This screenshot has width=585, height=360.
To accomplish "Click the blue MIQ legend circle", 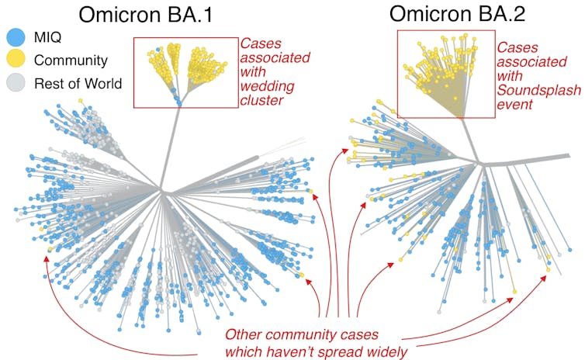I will point(14,37).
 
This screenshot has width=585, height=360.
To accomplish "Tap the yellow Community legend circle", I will point(14,60).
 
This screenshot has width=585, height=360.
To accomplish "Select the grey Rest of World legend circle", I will point(14,82).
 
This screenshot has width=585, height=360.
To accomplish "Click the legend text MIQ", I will point(47,37).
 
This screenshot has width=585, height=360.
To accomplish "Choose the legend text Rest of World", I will point(78,82).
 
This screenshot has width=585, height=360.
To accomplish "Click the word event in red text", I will point(514,102).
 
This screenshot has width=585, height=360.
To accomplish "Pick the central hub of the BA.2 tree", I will point(482,163).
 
